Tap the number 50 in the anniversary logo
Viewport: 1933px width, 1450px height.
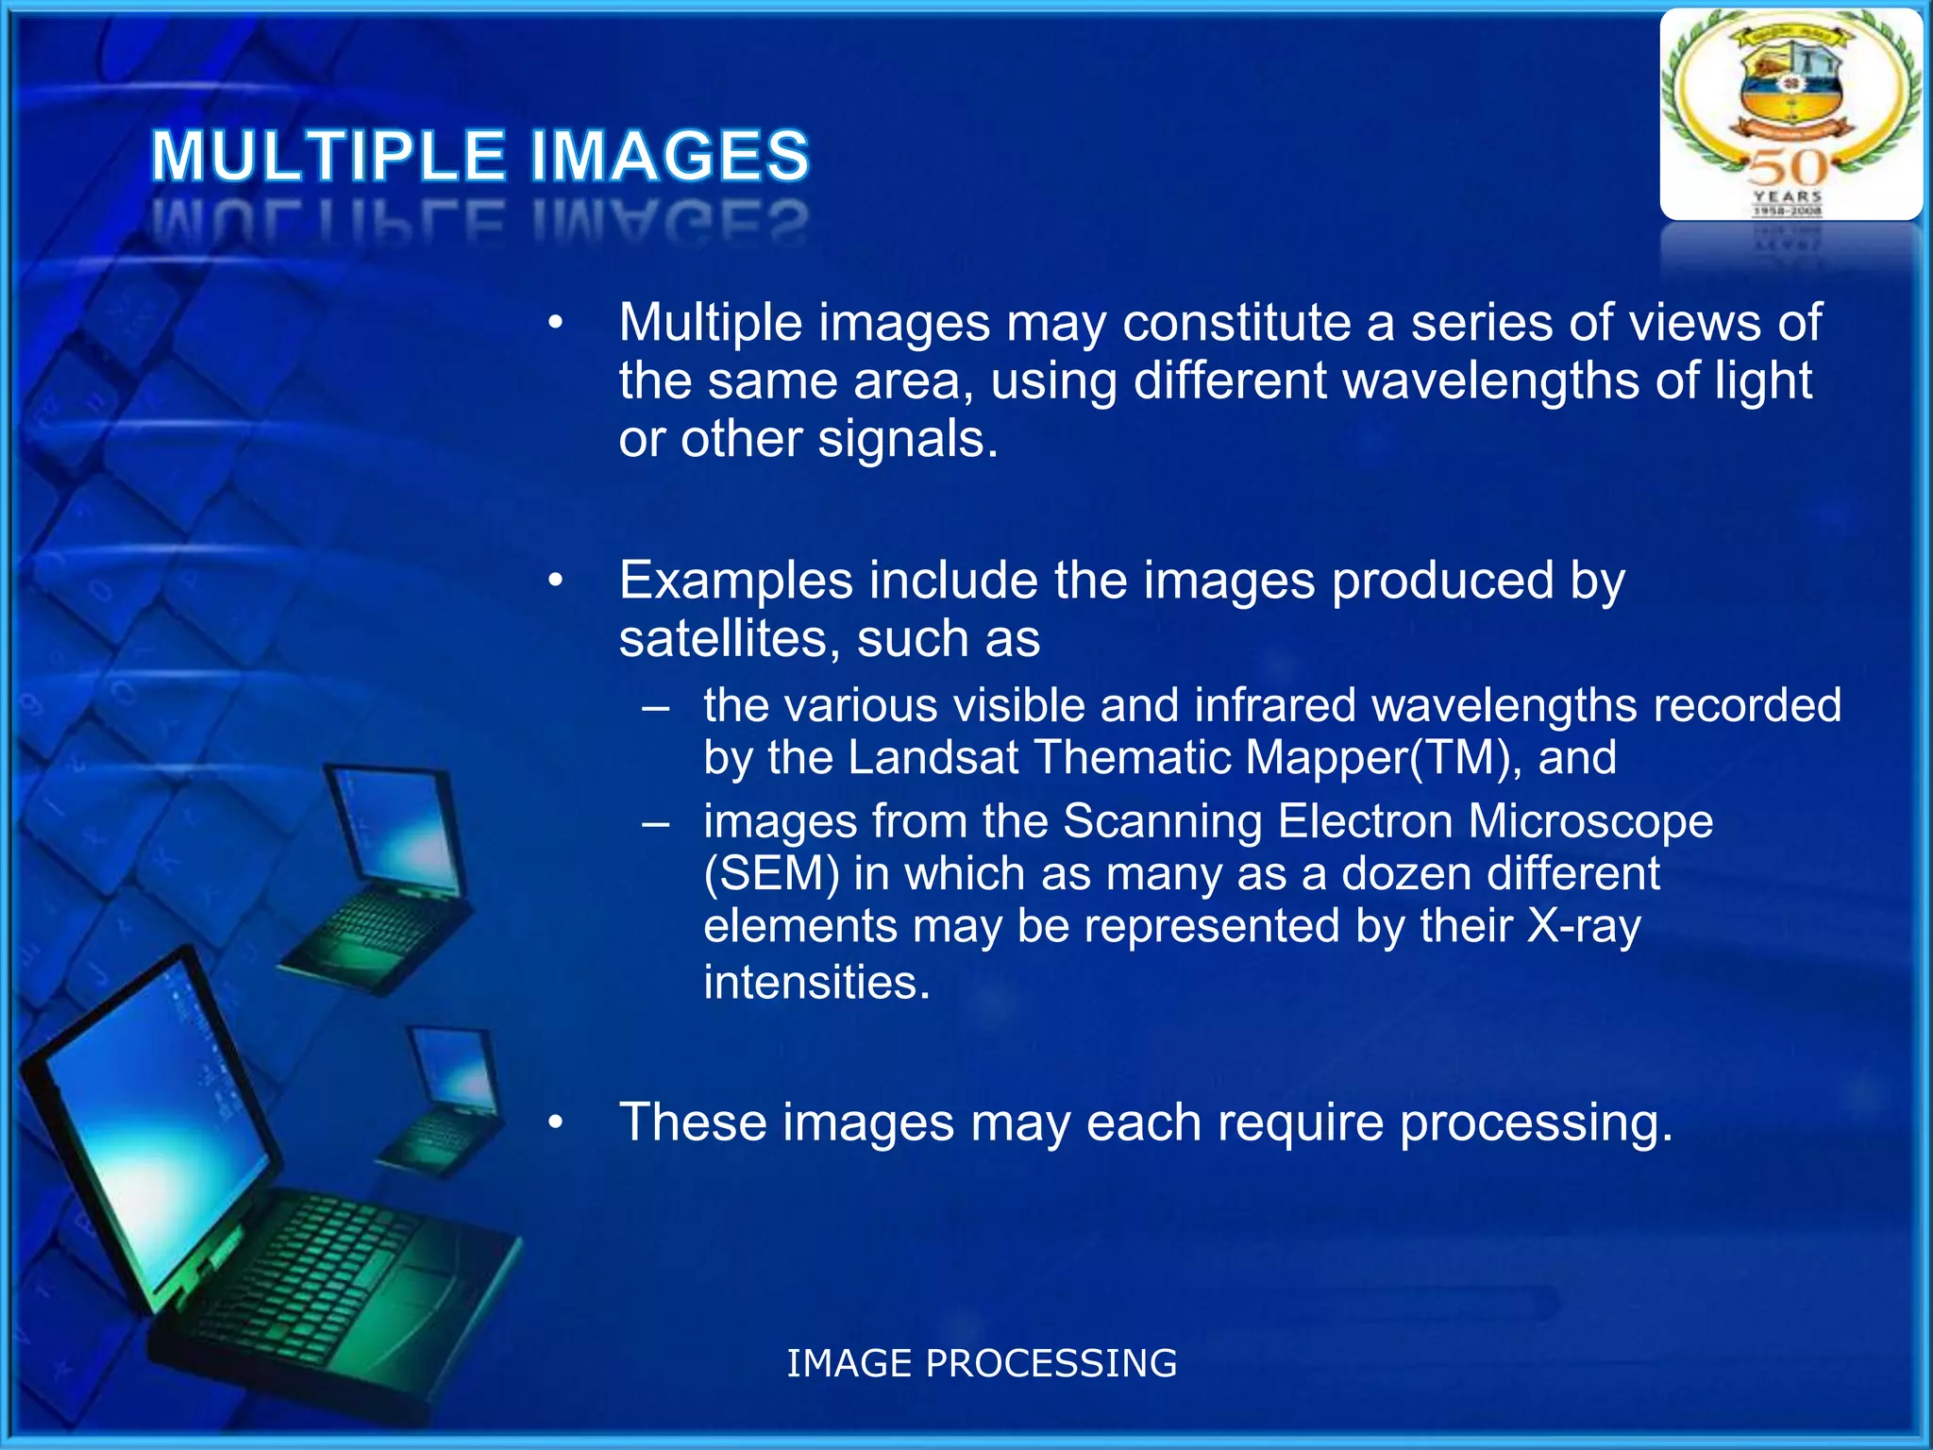1788,168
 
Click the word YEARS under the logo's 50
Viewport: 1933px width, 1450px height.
1788,196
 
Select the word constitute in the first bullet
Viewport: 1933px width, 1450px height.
1236,323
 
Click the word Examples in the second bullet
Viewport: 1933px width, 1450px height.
735,581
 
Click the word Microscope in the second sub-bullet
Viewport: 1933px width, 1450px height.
1589,821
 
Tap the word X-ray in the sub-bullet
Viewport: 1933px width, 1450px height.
1584,926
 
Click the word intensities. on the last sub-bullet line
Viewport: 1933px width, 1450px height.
816,983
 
